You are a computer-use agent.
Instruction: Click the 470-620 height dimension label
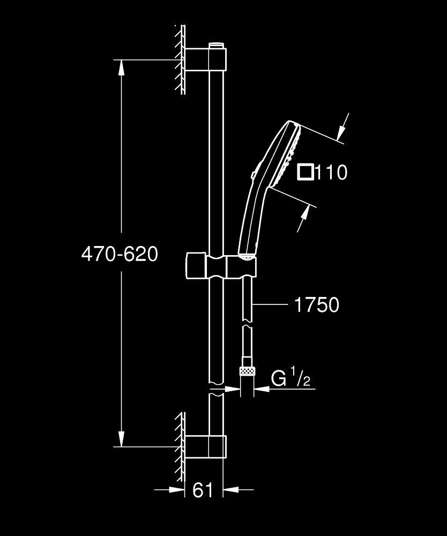[x=120, y=254]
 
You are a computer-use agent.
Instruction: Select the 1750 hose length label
[x=316, y=305]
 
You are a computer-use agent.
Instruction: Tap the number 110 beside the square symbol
[x=332, y=173]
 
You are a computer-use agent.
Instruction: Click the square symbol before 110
[x=306, y=172]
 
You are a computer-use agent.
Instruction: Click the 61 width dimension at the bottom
[x=203, y=490]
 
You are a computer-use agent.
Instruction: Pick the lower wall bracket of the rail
[x=206, y=446]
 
